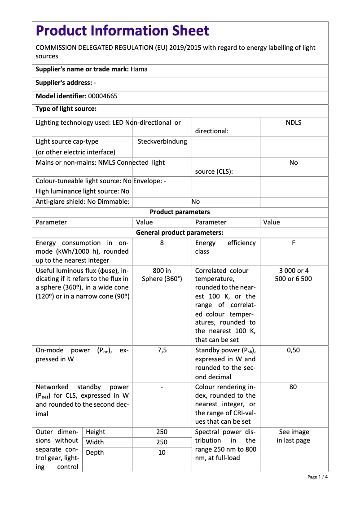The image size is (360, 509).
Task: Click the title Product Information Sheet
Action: point(122,31)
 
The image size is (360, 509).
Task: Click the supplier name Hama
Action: point(139,69)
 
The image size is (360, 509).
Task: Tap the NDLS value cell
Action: point(294,123)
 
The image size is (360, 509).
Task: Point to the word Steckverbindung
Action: point(162,141)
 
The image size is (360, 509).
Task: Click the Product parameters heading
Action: point(180,212)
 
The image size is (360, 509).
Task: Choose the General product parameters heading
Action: point(180,233)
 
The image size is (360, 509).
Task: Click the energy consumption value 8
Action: point(162,243)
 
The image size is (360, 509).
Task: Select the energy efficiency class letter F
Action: point(294,243)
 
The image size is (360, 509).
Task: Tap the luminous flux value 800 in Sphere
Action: point(162,275)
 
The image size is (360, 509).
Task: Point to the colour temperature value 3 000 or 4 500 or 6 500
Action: point(294,275)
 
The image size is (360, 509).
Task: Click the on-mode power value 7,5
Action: point(162,351)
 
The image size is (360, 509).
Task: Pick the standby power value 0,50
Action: point(294,351)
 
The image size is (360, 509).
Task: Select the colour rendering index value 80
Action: point(293,387)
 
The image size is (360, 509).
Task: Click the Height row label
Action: point(95,432)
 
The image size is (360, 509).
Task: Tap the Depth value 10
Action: point(162,452)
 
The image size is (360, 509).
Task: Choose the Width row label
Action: point(95,442)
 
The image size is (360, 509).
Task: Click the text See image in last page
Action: point(294,436)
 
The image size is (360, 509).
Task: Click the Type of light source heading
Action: point(66,109)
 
